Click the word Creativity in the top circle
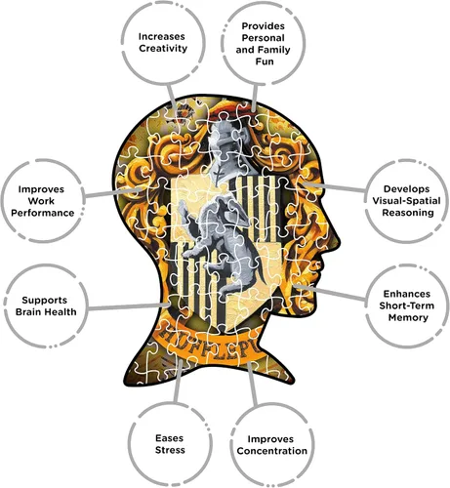coord(163,49)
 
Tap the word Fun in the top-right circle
coord(265,61)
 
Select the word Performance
coord(43,213)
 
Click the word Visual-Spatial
coord(406,201)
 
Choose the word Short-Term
coord(406,305)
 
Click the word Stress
coord(170,450)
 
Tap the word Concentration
coord(272,451)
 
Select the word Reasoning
coord(408,213)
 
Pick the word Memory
coord(408,317)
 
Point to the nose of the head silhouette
coord(337,240)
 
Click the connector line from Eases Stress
coord(178,382)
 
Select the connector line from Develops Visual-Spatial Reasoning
coord(334,187)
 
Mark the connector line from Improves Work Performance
coord(113,192)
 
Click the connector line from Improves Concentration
coord(252,384)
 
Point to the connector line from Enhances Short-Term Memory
coord(329,292)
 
